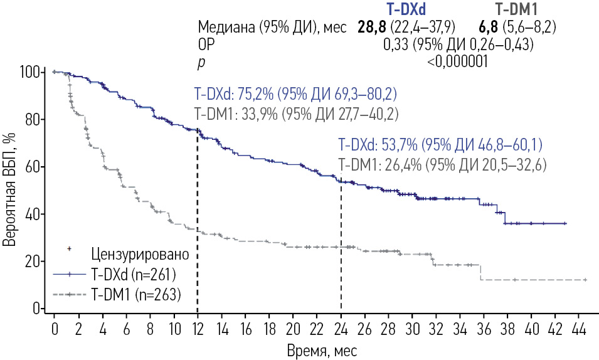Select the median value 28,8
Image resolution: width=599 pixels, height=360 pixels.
point(373,28)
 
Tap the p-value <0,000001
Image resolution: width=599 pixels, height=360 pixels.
point(457,61)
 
